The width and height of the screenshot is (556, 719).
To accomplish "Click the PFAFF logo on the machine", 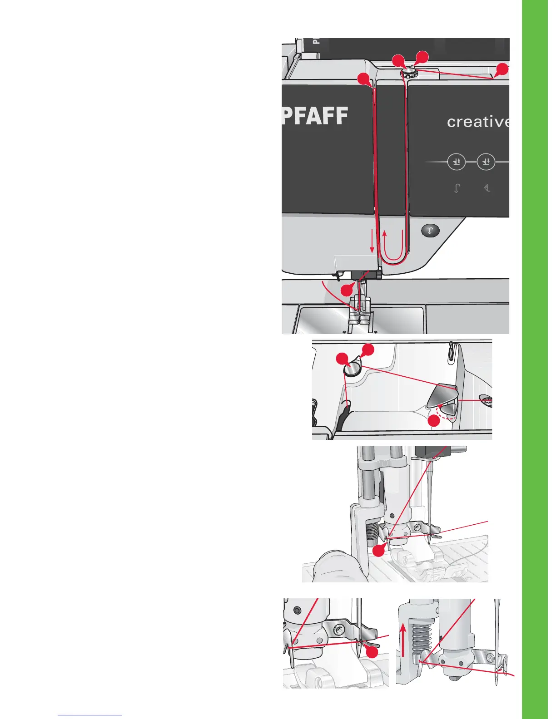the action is point(315,116).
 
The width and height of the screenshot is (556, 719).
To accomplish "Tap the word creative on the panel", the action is point(477,122).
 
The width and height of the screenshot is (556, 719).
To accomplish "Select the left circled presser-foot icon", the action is point(456,162).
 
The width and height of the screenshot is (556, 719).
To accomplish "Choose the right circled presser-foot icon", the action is point(486,162).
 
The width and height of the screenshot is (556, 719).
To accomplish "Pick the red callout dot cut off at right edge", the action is point(502,69).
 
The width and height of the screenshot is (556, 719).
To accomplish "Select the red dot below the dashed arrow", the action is point(434,421).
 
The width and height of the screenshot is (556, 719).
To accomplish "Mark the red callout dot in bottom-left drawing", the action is point(372,652).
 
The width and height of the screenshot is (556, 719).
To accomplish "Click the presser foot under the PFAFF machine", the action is point(360,313).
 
